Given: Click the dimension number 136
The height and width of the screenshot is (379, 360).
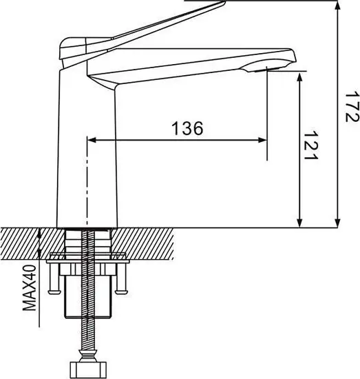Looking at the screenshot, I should click(187, 128).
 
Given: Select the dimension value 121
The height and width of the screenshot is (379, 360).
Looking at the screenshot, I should click(313, 145).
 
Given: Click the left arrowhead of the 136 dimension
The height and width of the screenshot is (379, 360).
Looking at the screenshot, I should click(92, 140).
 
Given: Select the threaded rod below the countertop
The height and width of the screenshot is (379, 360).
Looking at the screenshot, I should click(87, 324).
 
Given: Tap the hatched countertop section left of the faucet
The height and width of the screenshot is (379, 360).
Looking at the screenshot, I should click(28, 241).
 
